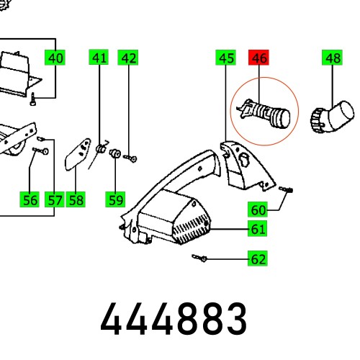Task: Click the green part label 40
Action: (x=55, y=58)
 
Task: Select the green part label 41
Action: (x=99, y=58)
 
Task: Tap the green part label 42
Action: (x=128, y=58)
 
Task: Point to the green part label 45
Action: (x=226, y=58)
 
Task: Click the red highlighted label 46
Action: (x=258, y=58)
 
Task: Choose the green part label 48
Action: (x=333, y=58)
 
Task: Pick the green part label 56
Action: (x=30, y=199)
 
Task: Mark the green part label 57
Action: (x=55, y=199)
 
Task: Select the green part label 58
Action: (x=77, y=199)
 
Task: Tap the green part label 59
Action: (x=114, y=199)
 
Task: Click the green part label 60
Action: (x=258, y=210)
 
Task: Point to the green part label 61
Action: (x=258, y=230)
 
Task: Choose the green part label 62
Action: (x=258, y=258)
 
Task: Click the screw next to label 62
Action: (x=200, y=258)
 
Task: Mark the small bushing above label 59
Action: (x=114, y=153)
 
